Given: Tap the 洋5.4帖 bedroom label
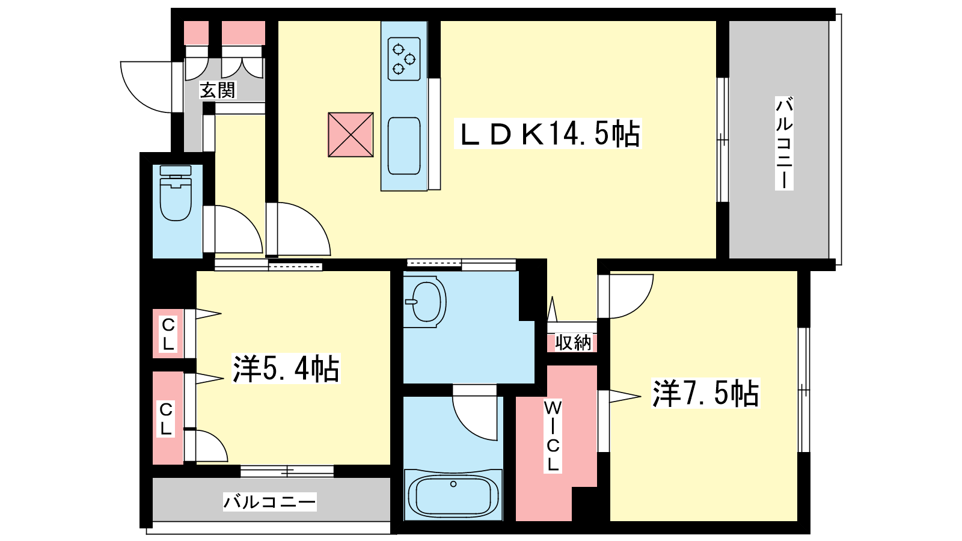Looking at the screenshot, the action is tap(286, 368).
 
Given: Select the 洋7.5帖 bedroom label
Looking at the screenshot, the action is tap(705, 393).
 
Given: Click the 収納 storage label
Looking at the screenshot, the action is tap(573, 343).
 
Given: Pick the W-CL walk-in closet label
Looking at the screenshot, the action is tap(553, 436).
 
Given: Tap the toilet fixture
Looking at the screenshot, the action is tap(176, 193).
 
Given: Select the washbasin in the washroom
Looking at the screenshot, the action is tap(426, 302).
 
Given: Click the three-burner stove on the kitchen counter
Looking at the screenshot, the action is tap(404, 59).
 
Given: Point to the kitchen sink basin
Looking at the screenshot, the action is tap(403, 146).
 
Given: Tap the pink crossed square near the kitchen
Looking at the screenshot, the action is tap(351, 135).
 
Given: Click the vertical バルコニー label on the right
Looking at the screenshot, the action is tap(784, 144).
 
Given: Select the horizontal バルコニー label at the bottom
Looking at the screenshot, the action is tap(270, 501).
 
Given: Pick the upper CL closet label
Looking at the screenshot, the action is tap(168, 334).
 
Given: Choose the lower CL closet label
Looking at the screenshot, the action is tap(166, 418).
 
